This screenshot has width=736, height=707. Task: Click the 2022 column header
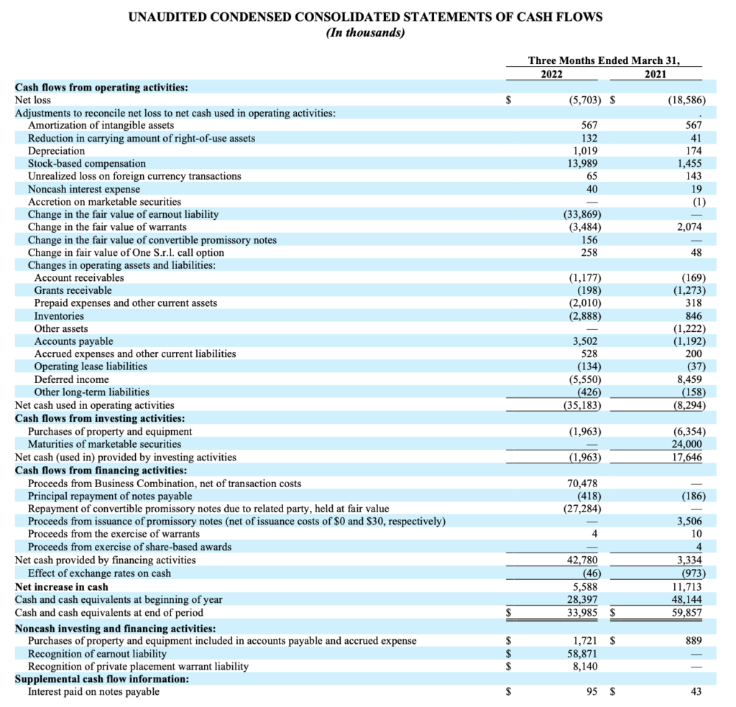tap(552, 73)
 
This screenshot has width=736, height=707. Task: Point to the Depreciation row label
tap(56, 151)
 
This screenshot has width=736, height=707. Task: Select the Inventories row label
tap(59, 316)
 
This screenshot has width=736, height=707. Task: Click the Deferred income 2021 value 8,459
tap(690, 379)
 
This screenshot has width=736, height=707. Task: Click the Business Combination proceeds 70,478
tap(583, 484)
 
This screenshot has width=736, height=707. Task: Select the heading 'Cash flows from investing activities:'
tap(100, 418)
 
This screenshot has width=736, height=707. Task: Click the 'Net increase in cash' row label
tap(62, 587)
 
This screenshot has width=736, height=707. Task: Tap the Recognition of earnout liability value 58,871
tap(584, 654)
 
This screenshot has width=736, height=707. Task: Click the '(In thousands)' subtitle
tap(366, 33)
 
